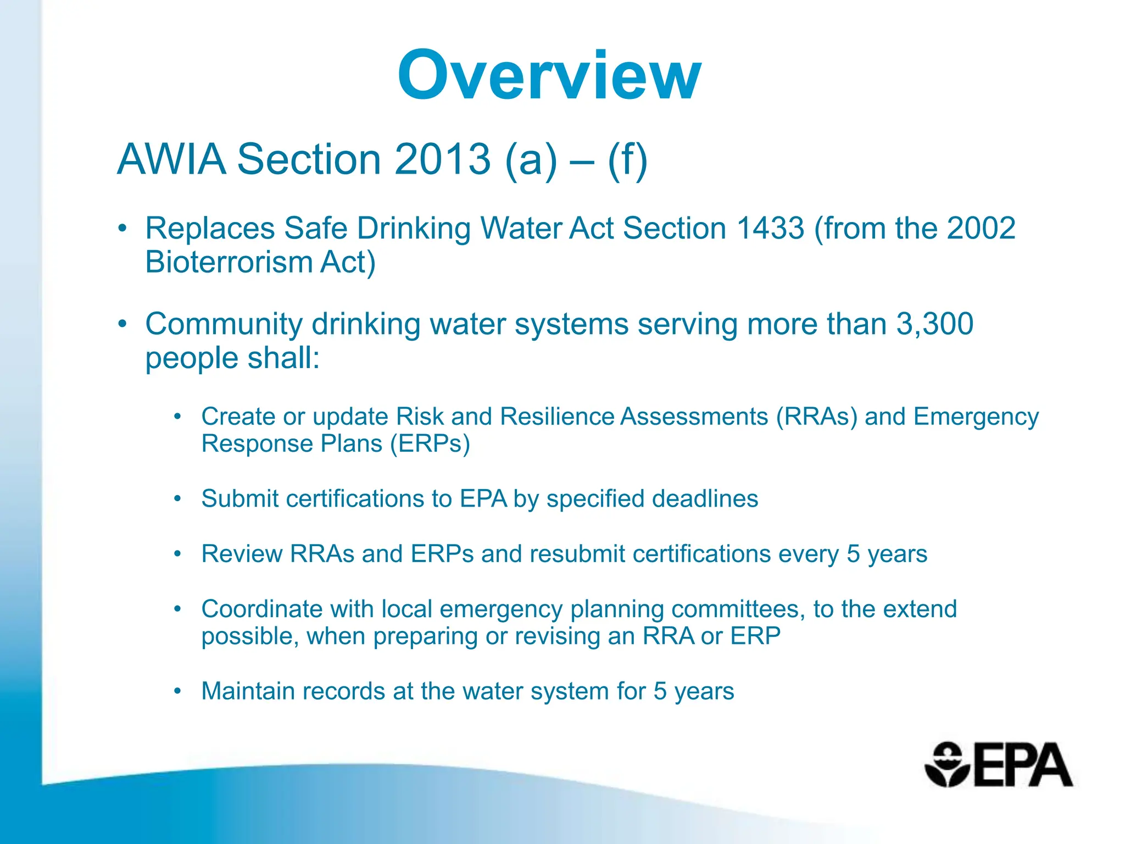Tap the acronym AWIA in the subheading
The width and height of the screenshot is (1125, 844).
pos(171,159)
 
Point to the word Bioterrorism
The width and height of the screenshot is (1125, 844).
pos(229,262)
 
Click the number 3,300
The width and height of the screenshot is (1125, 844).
pos(935,324)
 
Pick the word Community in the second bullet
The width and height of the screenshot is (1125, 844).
pos(224,324)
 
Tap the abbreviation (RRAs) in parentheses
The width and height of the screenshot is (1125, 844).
pos(816,417)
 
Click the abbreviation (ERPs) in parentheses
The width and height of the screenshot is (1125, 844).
pos(430,444)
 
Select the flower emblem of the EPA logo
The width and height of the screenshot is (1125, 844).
pos(946,765)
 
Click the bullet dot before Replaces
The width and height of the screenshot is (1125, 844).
pos(122,228)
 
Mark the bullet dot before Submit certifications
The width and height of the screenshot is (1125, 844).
pos(177,499)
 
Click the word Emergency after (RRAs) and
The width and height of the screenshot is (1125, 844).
pos(976,417)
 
